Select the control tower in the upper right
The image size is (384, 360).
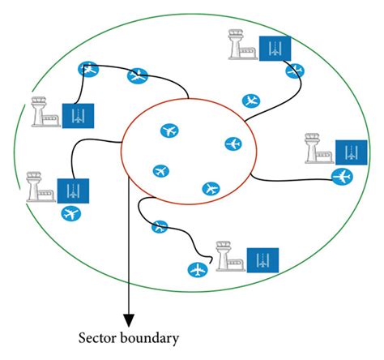point(240,48)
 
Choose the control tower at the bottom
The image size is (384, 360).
point(228,255)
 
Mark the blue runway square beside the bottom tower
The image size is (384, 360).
point(261,258)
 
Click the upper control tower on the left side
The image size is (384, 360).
point(44,113)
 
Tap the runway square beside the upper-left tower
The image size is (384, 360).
point(77,116)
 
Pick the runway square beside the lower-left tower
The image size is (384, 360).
point(72,190)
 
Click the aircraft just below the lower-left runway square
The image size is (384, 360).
point(71,214)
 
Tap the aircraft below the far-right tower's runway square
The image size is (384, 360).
point(343,176)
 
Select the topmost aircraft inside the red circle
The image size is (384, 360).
point(169,130)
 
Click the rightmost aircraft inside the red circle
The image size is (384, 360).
point(233,144)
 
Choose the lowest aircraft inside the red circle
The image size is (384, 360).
point(211,188)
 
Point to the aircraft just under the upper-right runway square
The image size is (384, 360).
point(294,71)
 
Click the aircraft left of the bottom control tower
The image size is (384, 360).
point(195,269)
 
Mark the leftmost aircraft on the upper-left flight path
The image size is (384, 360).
point(87,70)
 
